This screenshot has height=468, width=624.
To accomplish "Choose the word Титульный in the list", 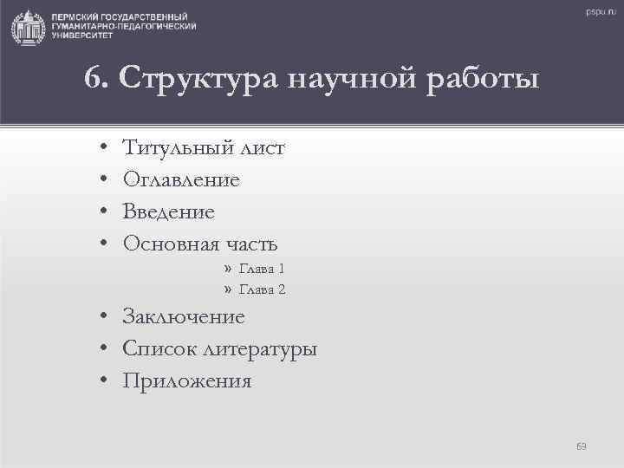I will pos(176,148).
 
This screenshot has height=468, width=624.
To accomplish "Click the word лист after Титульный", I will pos(260,148).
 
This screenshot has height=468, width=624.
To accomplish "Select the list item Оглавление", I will pos(181,180).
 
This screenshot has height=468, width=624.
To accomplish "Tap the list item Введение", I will pos(169,212).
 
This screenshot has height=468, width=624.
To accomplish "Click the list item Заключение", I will pos(184,317).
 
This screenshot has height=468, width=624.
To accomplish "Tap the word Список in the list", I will pos(159,349).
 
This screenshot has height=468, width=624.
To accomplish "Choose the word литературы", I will pos(260,350).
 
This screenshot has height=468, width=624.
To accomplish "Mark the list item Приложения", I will pos(187,381).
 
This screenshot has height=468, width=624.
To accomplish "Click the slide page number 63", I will pos(582,445).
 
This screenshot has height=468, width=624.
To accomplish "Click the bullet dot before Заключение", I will pos(102,317).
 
